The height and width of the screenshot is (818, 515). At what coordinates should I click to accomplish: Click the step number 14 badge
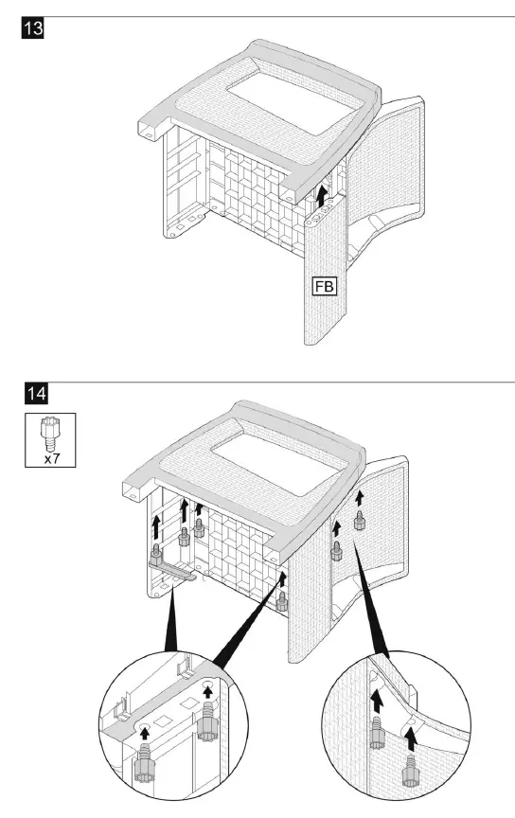click(x=32, y=392)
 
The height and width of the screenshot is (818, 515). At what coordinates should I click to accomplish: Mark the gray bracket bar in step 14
click(x=173, y=570)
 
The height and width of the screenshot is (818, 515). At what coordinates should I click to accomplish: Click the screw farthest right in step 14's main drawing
click(x=361, y=520)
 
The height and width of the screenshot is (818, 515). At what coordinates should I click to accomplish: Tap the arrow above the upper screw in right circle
click(x=378, y=702)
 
